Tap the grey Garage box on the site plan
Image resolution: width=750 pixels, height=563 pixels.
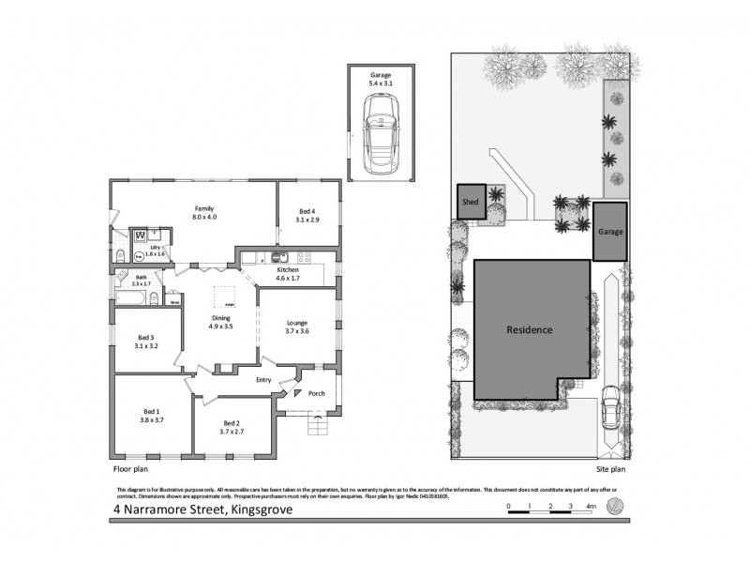tap(610, 231)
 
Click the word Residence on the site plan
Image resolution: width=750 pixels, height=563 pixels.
tap(530, 330)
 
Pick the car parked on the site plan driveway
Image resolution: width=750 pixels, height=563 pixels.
tap(610, 409)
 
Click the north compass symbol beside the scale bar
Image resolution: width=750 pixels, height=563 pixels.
tap(615, 507)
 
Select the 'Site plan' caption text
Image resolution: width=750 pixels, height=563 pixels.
tap(610, 466)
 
